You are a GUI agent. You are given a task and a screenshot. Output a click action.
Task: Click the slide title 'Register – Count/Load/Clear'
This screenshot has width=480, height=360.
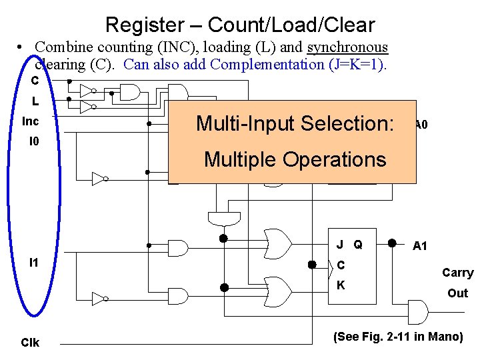pos(240,25)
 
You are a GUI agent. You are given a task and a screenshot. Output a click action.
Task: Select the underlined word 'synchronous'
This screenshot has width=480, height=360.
pos(347,47)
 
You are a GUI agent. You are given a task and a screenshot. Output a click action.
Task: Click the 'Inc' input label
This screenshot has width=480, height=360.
pos(31,122)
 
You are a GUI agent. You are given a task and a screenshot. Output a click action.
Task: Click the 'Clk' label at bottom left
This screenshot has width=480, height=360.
pos(31,343)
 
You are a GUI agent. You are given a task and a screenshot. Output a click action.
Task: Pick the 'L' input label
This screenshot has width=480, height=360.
pos(35,103)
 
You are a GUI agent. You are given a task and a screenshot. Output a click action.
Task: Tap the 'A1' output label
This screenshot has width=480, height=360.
pos(420,246)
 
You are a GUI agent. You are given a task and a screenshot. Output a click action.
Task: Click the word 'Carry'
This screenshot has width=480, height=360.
pos(457,273)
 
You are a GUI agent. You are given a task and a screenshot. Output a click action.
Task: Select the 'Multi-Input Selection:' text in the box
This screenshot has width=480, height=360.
pos(295,124)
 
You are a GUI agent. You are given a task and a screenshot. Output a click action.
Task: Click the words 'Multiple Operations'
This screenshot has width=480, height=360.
pos(295,160)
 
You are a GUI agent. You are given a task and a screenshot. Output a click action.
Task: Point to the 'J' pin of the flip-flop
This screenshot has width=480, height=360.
pos(340,245)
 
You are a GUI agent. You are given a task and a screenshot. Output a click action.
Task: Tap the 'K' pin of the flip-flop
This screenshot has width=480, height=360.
pos(341,285)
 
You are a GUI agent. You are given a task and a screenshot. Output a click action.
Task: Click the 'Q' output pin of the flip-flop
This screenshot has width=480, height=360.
pos(358,245)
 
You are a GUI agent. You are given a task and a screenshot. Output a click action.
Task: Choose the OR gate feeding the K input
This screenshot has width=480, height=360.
pos(277,289)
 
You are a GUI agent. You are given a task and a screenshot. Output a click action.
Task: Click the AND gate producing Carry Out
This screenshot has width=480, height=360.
pos(416,311)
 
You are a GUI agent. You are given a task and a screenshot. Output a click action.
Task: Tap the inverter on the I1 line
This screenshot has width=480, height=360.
pos(99,298)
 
